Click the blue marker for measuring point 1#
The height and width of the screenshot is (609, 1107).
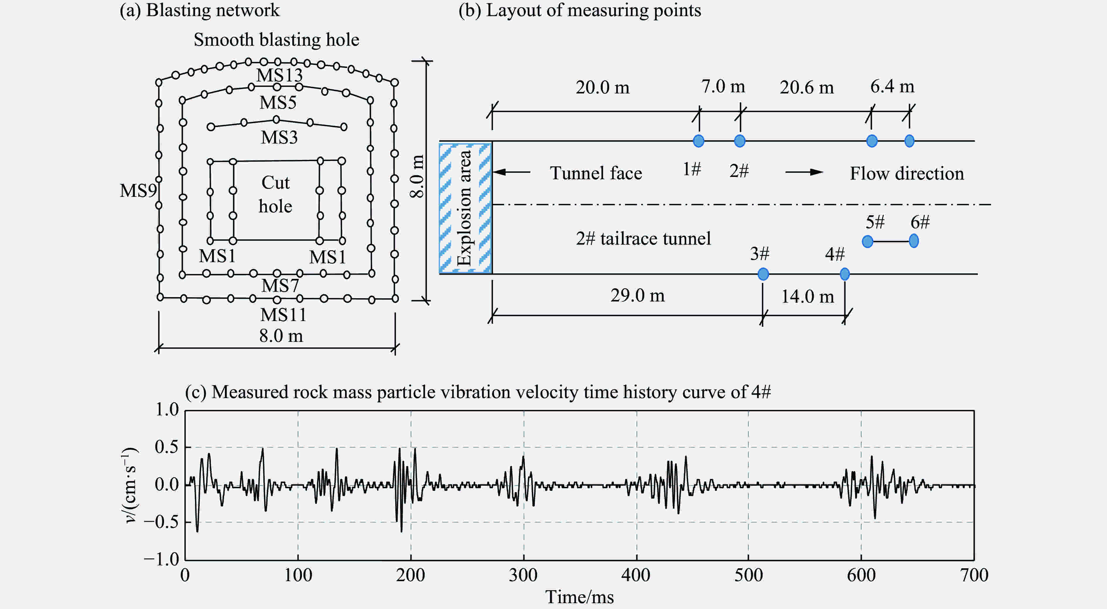tap(699, 141)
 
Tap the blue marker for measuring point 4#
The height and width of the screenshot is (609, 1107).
tap(844, 274)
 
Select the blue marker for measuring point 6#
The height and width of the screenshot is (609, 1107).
tap(914, 241)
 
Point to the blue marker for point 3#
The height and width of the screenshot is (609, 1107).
tap(763, 274)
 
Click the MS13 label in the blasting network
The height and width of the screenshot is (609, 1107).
tap(279, 76)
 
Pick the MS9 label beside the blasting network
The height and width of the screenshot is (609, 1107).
tap(138, 191)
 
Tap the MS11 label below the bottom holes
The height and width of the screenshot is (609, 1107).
tap(283, 315)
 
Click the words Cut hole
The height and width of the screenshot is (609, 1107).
tap(276, 194)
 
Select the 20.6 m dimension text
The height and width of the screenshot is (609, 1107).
tap(807, 88)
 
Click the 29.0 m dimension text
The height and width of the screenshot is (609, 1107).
tap(637, 296)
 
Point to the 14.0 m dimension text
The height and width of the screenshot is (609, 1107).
tap(807, 296)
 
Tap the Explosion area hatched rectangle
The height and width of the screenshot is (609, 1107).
tap(465, 208)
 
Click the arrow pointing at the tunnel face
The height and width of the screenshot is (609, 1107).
tap(511, 172)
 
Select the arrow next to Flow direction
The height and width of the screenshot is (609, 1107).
tap(804, 172)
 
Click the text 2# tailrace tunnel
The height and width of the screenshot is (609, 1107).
tap(643, 238)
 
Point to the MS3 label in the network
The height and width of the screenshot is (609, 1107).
tap(279, 137)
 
